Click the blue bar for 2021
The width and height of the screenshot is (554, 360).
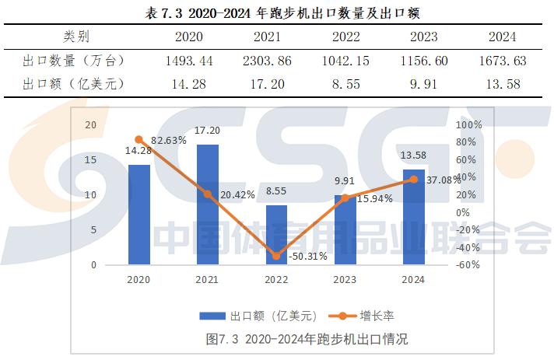[208, 204]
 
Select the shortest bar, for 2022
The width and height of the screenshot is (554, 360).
[276, 235]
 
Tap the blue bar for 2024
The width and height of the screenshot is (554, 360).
[413, 217]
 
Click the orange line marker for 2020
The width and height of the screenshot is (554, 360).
[138, 140]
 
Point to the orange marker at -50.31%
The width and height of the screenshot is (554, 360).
[276, 256]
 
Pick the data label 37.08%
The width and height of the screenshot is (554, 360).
[444, 180]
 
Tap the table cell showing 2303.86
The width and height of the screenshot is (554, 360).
[266, 60]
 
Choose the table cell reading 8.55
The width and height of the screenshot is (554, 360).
[345, 83]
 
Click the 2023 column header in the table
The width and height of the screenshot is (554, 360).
[423, 37]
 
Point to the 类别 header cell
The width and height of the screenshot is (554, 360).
[76, 37]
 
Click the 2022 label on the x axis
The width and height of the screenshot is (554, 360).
[276, 280]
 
